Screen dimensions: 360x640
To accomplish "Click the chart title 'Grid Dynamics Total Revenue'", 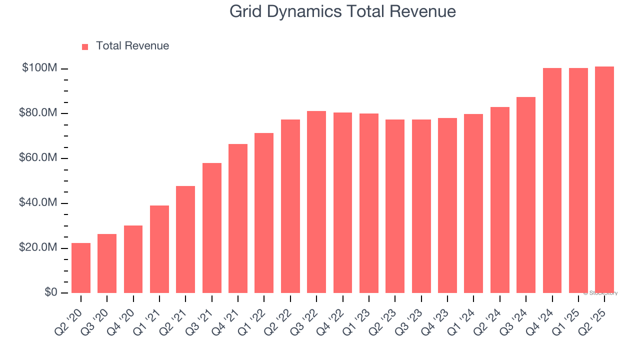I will click(x=342, y=11).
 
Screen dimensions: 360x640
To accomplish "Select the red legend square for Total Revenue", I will click(x=85, y=46).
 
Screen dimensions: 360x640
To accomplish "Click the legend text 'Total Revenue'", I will click(x=132, y=46).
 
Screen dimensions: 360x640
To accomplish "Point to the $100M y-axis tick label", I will click(x=39, y=68).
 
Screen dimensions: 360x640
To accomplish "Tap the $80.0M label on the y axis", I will click(x=38, y=113).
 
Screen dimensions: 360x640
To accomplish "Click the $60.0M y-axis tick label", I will click(x=38, y=158).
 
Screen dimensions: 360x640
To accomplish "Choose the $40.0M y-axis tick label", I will click(x=38, y=203).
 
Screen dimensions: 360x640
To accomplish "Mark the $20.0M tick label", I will click(x=38, y=248).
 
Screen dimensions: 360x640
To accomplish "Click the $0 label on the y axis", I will click(x=50, y=292).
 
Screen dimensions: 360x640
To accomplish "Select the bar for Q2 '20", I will click(x=81, y=268).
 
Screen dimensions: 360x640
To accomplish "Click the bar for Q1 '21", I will click(x=159, y=249).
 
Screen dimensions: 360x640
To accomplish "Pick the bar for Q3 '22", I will click(x=316, y=202).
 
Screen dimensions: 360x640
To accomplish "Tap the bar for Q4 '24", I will click(x=552, y=180).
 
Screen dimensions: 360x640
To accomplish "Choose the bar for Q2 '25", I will click(x=604, y=180).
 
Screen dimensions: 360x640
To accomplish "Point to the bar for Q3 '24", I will click(x=526, y=195).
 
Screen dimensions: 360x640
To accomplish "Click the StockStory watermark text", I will click(x=600, y=293).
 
